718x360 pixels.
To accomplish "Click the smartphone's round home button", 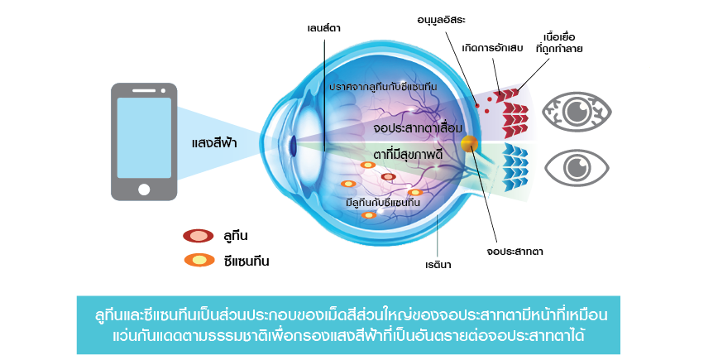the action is [x=145, y=190].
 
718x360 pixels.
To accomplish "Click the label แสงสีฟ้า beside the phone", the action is [x=214, y=143].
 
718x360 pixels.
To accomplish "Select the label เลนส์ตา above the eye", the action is [x=323, y=29].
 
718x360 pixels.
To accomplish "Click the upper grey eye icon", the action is [x=577, y=111].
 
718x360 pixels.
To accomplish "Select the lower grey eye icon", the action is [x=577, y=165].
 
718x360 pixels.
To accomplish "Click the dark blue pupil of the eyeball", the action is [x=292, y=145].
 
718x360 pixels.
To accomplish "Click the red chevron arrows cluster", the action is [x=513, y=108].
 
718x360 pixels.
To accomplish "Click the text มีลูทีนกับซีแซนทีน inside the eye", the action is [x=382, y=204].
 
